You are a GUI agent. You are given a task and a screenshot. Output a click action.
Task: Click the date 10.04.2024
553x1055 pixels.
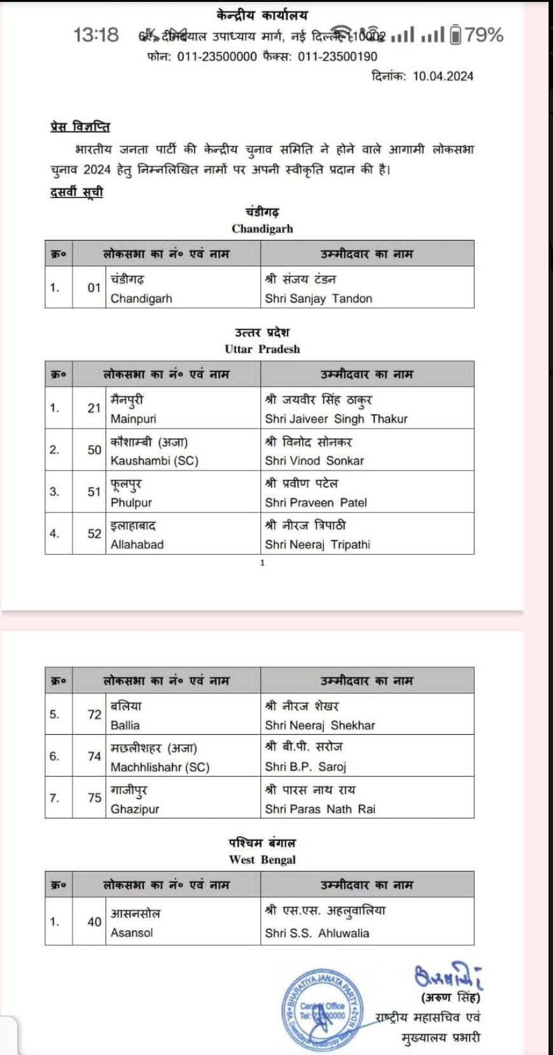click(x=443, y=76)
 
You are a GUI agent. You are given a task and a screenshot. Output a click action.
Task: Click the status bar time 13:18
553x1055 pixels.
click(x=96, y=35)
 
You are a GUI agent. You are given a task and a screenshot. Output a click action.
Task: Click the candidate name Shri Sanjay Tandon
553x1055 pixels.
click(x=318, y=299)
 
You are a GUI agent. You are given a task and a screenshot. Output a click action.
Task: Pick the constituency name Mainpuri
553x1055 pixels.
click(x=133, y=419)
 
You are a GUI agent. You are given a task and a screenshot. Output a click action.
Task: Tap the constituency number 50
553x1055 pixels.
click(x=94, y=450)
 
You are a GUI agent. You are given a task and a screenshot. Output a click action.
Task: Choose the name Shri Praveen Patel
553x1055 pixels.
click(x=316, y=502)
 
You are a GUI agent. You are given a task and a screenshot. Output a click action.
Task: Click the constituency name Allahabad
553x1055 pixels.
click(x=137, y=544)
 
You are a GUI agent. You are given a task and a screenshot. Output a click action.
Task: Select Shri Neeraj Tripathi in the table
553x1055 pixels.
click(x=318, y=544)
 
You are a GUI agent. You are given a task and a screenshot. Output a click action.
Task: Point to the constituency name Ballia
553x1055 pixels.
click(x=125, y=725)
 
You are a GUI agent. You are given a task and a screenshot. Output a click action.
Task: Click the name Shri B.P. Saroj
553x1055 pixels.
click(x=305, y=767)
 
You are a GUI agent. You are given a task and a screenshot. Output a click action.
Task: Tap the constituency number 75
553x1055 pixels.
click(x=94, y=798)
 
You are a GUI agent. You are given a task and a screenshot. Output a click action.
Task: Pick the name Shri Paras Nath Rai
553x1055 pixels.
click(x=320, y=809)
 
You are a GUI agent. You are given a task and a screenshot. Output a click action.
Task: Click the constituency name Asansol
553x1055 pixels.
click(x=132, y=933)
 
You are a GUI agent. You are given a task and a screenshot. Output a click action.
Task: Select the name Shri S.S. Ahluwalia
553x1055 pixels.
click(x=317, y=933)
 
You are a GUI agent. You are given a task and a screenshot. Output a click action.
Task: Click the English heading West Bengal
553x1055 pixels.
click(x=262, y=860)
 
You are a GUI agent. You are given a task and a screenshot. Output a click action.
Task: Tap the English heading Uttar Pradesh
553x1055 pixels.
click(x=262, y=349)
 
